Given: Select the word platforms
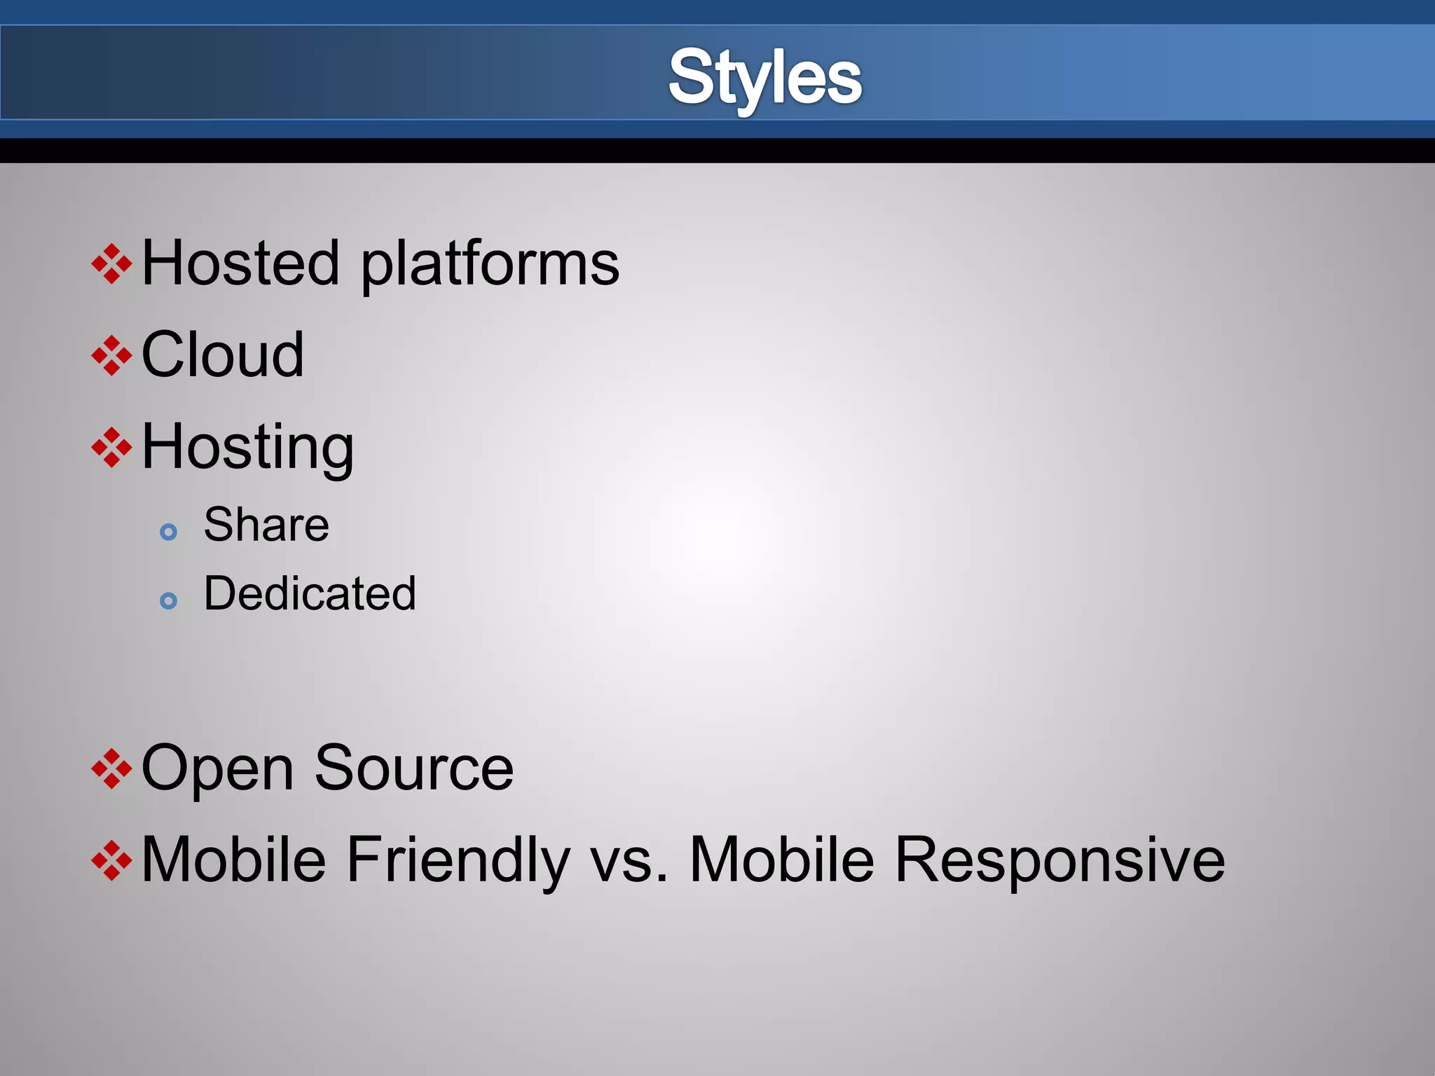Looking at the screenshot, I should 490,265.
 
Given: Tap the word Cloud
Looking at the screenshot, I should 223,354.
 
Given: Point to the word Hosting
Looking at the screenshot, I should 247,448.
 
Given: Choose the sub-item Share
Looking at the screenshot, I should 266,525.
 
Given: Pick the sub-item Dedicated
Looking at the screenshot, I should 310,593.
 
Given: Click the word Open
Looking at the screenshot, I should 217,769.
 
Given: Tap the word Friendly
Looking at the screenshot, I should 458,860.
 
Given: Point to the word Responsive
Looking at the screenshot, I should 1059,860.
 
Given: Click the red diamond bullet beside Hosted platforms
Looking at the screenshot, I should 111,264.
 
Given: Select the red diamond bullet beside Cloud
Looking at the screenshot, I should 111,356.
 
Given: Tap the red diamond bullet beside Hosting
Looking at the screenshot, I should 111,448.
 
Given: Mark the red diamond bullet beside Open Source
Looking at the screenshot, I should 111,768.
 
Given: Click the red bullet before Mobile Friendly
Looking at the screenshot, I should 111,860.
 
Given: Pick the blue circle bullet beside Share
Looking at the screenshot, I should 168,532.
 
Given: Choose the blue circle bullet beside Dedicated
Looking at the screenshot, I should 168,600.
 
